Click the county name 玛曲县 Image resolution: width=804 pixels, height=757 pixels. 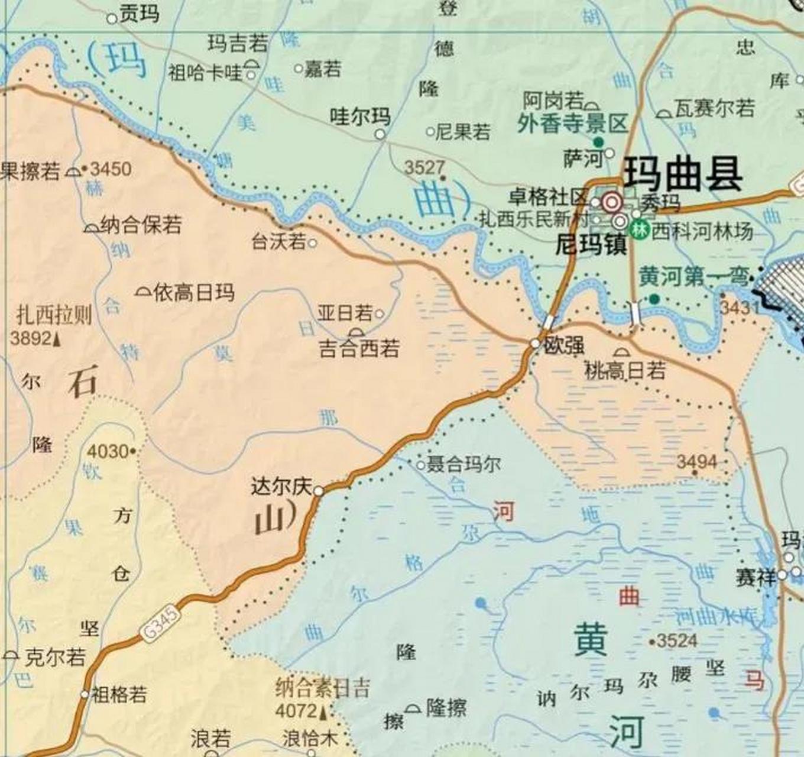[x=684, y=174]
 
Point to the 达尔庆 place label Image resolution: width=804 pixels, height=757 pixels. [x=281, y=487]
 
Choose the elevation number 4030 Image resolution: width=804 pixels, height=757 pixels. [x=108, y=452]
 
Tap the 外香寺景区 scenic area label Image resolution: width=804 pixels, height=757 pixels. [x=572, y=124]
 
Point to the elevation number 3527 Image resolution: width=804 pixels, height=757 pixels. [x=424, y=167]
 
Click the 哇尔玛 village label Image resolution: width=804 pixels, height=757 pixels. [x=360, y=117]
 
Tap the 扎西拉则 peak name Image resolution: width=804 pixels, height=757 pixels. [x=54, y=315]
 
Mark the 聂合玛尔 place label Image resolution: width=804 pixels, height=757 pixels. [x=464, y=464]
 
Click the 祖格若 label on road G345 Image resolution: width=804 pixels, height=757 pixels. [x=118, y=694]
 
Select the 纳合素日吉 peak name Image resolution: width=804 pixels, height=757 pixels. [x=323, y=688]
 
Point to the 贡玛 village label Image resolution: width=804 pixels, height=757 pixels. [x=139, y=14]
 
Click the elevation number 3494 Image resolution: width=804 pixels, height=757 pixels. [x=696, y=462]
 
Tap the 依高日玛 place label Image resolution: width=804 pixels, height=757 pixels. [x=193, y=292]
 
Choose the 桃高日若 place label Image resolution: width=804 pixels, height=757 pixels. [x=625, y=371]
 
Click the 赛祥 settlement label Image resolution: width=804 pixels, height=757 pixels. [x=755, y=577]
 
